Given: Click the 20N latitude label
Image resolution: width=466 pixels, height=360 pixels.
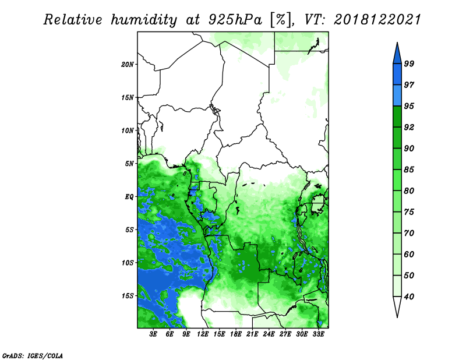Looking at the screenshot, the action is click(x=128, y=64).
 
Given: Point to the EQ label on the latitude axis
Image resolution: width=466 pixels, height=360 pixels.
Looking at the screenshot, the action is click(x=129, y=196).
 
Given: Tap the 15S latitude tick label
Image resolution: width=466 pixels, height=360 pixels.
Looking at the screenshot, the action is click(x=128, y=296).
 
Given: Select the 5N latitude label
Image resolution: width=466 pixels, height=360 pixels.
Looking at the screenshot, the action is click(x=129, y=164).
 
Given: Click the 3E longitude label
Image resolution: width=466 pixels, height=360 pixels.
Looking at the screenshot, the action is click(x=153, y=334).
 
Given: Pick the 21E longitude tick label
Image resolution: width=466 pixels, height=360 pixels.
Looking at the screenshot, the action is click(x=252, y=334).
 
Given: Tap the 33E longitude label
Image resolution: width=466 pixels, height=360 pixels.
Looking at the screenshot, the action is click(x=318, y=334).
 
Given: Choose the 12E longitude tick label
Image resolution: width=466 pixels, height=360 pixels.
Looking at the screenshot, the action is click(x=203, y=334).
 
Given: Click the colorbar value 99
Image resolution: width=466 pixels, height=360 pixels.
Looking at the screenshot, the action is click(x=409, y=63).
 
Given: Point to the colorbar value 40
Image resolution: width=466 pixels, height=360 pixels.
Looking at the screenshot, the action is click(x=409, y=297).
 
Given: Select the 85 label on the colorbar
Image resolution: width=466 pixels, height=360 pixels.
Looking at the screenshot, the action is click(x=409, y=170).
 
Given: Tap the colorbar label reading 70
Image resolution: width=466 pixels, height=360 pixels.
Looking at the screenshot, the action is click(x=409, y=233).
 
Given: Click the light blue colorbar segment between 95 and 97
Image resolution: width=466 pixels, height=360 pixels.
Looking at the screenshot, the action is click(x=397, y=96).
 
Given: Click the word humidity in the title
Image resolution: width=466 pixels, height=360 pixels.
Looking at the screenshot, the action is click(x=144, y=20).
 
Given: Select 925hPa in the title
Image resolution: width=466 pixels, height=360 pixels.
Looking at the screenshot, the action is click(x=236, y=20).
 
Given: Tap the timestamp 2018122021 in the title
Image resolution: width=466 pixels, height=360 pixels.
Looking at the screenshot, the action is click(x=377, y=20).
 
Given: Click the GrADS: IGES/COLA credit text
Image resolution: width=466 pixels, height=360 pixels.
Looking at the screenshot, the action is click(x=33, y=355).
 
